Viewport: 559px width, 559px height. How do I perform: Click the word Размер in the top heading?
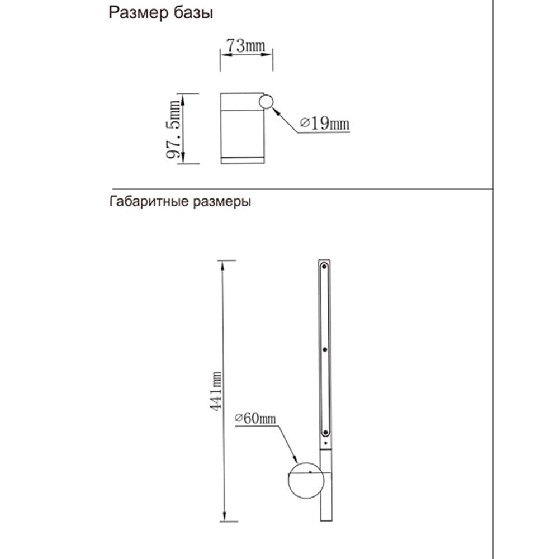[x=136, y=13]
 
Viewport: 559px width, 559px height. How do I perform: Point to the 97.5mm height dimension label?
[x=175, y=129]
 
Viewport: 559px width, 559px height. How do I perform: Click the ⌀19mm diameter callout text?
[x=324, y=123]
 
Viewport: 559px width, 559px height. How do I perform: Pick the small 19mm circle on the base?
[x=266, y=102]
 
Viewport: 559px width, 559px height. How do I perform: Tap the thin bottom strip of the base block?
[x=241, y=160]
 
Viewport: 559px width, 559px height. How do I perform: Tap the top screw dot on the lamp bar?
[x=324, y=268]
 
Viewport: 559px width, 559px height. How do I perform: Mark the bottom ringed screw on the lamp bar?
[x=324, y=432]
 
